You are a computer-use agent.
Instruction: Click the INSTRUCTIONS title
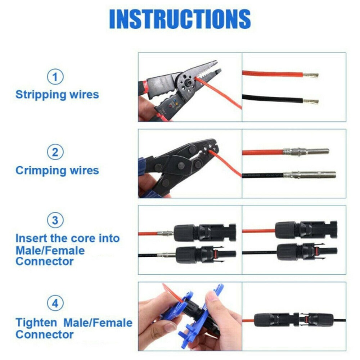(180, 19)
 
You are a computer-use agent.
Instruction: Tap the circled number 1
(55, 77)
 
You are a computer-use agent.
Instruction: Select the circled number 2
(55, 153)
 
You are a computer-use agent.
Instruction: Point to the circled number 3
(55, 220)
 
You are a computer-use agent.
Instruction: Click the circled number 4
(55, 304)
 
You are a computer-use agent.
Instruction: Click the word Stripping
(39, 95)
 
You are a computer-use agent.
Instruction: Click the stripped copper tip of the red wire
(311, 76)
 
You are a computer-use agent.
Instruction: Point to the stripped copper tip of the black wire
(311, 101)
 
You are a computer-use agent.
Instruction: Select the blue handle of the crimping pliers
(142, 166)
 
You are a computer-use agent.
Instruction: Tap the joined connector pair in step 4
(294, 319)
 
